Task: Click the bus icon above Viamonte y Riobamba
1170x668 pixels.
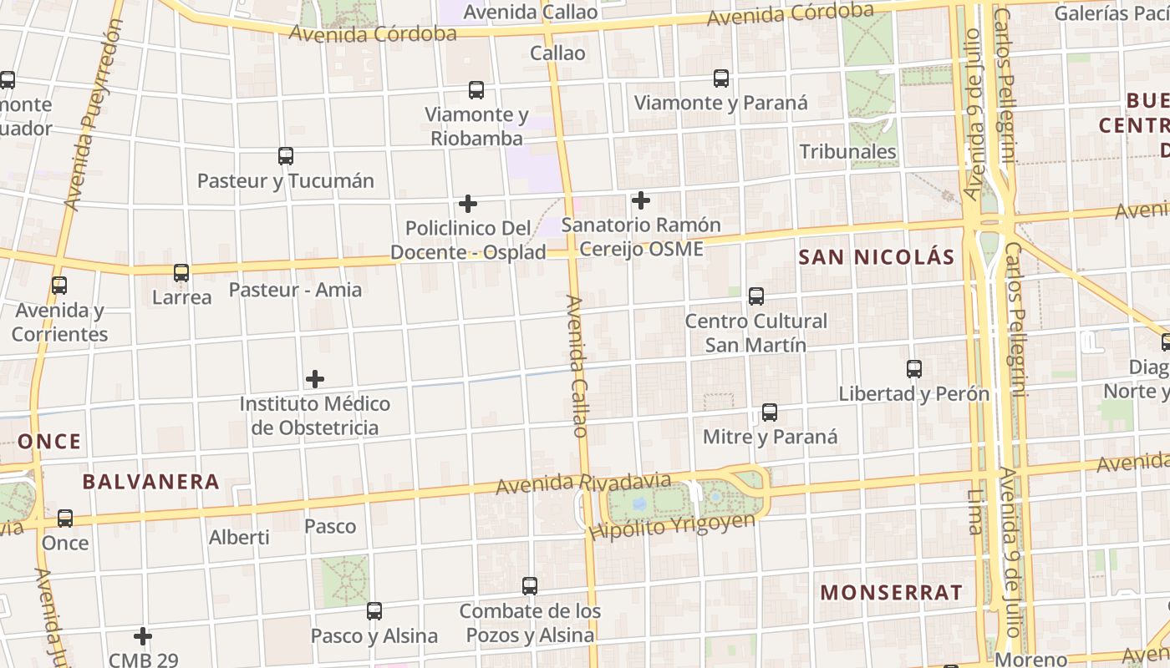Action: click(476, 90)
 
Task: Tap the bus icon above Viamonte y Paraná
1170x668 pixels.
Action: click(721, 78)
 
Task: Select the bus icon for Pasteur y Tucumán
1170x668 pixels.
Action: click(286, 156)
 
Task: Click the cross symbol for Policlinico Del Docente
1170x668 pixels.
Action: click(468, 204)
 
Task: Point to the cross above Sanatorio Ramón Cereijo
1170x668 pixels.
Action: click(641, 200)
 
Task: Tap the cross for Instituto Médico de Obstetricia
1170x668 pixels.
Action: click(315, 379)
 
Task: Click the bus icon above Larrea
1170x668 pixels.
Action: click(181, 273)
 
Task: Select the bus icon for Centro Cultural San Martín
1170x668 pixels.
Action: click(756, 296)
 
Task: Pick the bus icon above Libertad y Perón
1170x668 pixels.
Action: click(914, 369)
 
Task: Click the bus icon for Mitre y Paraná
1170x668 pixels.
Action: click(770, 412)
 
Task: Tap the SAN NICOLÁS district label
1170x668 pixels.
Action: click(876, 257)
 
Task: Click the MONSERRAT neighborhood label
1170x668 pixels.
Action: click(891, 593)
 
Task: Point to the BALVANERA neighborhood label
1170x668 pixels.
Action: click(151, 482)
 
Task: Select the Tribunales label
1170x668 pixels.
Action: click(847, 151)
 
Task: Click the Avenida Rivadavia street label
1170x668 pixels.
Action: click(583, 483)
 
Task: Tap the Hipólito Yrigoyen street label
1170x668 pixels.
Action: click(672, 526)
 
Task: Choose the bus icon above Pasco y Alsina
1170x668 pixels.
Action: click(374, 611)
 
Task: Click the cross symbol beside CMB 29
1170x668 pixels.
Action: click(143, 636)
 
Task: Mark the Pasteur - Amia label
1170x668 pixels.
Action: click(295, 290)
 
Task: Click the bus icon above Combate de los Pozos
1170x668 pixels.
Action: click(530, 586)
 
